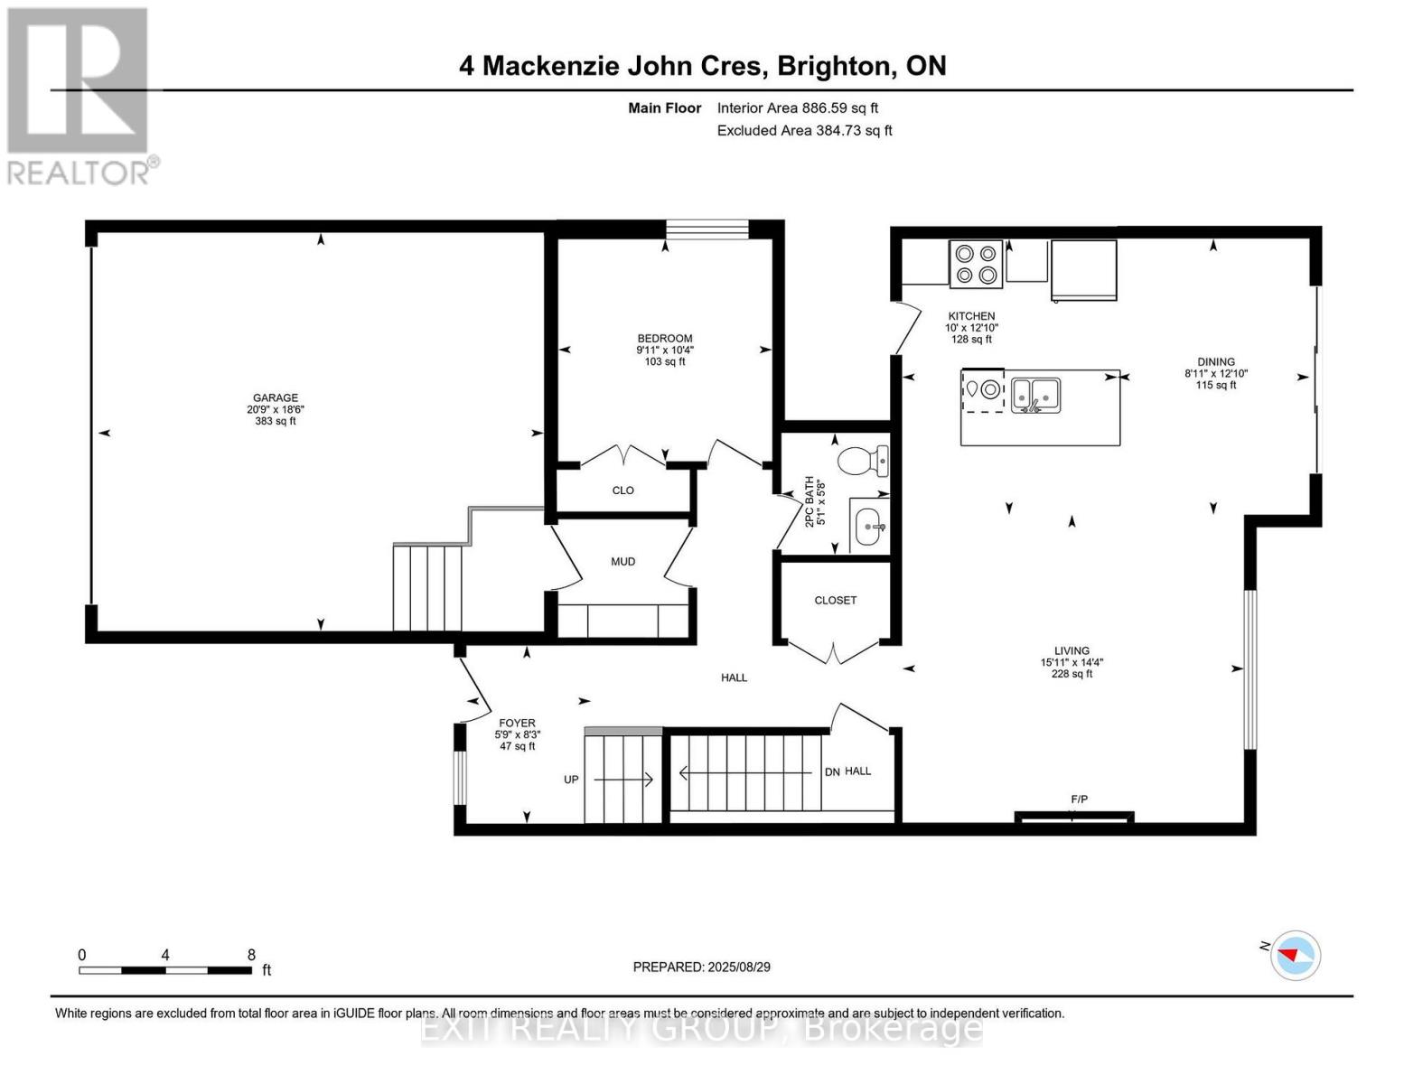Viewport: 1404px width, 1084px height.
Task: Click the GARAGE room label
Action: [276, 397]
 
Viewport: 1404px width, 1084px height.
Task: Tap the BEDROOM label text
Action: [665, 339]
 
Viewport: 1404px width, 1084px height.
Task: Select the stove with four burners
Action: [976, 264]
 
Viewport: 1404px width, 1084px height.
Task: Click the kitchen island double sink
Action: [1035, 394]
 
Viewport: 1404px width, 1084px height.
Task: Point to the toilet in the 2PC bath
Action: [863, 462]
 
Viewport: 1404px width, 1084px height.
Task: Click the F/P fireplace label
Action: [1079, 799]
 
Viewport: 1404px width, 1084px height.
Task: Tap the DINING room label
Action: [1216, 361]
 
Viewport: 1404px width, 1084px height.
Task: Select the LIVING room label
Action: [1072, 650]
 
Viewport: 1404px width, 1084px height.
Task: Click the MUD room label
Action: [623, 562]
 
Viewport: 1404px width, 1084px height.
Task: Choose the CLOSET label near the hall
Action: [835, 600]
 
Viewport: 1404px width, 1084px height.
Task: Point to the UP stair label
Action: [571, 780]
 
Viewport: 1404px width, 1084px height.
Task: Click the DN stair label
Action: [832, 771]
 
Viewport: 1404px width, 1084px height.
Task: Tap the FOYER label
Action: [517, 723]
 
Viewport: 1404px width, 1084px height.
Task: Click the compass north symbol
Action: [1296, 955]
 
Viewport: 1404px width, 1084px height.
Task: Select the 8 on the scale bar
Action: [251, 955]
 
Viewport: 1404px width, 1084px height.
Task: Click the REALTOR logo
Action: [79, 95]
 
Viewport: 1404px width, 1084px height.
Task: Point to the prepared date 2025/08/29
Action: [738, 967]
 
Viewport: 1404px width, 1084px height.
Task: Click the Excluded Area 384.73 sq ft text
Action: [804, 130]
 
